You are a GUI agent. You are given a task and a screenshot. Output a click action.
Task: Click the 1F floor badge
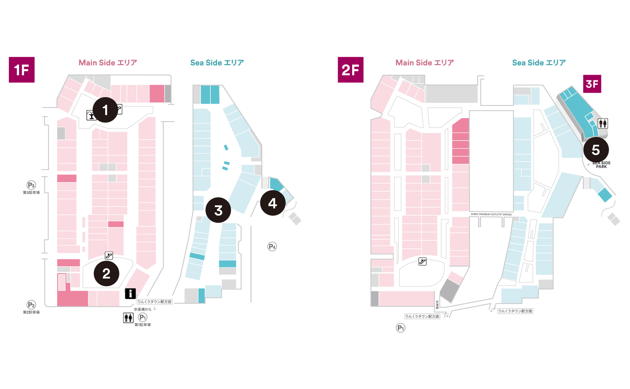tap(22, 70)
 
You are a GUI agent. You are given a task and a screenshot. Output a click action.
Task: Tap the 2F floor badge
tap(350, 70)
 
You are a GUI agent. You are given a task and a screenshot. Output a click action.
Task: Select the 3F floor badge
tap(592, 84)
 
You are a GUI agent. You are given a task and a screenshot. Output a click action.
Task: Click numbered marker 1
tap(105, 110)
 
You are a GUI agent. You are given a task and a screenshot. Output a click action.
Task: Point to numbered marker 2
tap(106, 274)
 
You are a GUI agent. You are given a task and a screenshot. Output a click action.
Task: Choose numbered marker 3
tap(218, 210)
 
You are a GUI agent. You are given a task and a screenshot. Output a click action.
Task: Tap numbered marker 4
tap(273, 203)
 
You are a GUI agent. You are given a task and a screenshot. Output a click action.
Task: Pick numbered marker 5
tap(596, 150)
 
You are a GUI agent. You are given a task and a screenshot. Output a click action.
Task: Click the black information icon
tap(130, 293)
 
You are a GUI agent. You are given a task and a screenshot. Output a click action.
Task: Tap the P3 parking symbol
tap(31, 186)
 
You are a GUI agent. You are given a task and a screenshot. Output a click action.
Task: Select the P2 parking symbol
tap(31, 305)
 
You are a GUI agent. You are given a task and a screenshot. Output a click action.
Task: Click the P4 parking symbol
tap(272, 247)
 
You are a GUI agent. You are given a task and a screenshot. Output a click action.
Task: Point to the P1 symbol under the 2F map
tap(401, 328)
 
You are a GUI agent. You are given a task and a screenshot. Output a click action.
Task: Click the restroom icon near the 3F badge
tap(603, 123)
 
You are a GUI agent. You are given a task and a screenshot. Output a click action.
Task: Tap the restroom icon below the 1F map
tap(128, 317)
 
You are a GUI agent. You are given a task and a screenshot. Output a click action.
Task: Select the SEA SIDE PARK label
tap(601, 165)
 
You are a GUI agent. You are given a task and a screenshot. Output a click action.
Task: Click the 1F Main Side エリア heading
tap(108, 63)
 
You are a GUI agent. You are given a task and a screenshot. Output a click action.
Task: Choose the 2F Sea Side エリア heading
tap(539, 63)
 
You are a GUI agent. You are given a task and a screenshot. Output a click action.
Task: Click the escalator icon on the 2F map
tap(422, 261)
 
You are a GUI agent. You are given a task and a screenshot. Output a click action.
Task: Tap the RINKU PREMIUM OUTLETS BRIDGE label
tap(491, 215)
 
